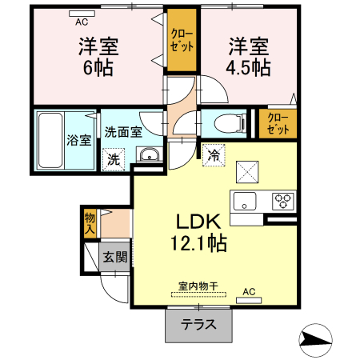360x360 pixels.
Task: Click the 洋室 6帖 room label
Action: coord(95,56)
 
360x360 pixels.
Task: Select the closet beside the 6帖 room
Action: coord(181,40)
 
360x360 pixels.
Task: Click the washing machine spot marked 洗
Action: coord(114,158)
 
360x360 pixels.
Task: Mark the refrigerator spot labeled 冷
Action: coord(214,154)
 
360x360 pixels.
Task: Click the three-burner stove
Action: coord(283,200)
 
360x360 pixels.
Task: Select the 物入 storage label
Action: coord(90,222)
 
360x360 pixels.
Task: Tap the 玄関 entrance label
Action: coord(114,257)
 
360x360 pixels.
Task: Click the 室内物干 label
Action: coord(198,285)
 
